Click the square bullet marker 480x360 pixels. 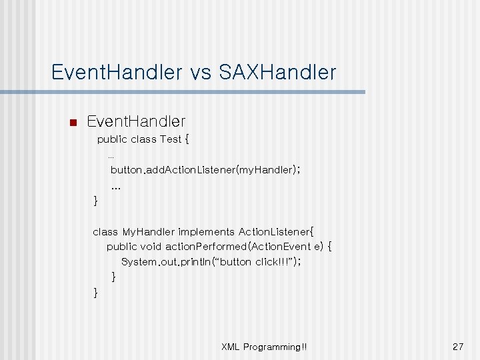(x=73, y=123)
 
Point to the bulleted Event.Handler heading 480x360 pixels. (x=136, y=121)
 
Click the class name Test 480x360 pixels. (x=171, y=139)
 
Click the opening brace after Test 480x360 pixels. (x=187, y=139)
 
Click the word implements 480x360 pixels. (x=207, y=232)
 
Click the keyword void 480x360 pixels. (x=151, y=247)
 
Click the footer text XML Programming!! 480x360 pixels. (x=264, y=347)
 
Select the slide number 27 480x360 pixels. (x=457, y=347)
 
